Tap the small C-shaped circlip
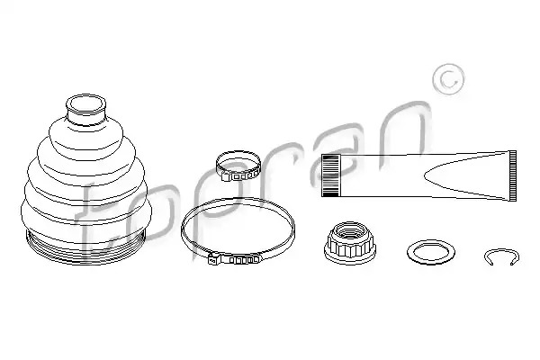point(501,251)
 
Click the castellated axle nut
point(349,243)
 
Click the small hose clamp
point(238,166)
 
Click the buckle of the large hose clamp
point(234,258)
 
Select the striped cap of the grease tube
point(330,175)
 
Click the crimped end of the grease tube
point(512,175)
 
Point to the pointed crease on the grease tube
point(427,176)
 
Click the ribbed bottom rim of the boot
point(85,247)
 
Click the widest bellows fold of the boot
point(86,213)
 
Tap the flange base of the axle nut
point(349,256)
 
